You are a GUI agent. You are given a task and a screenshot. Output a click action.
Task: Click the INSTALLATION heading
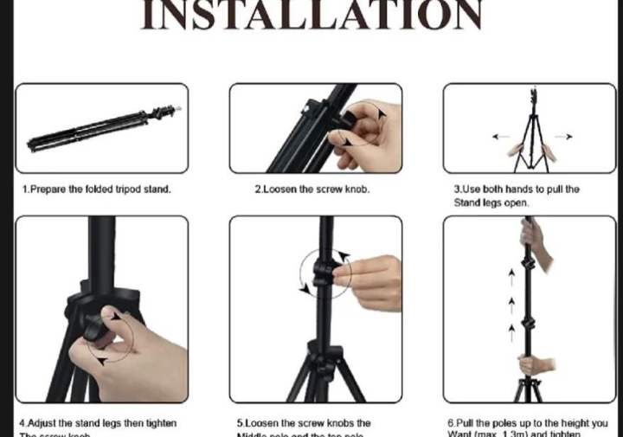click(311, 16)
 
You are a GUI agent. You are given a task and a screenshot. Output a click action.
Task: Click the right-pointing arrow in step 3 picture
click(563, 137)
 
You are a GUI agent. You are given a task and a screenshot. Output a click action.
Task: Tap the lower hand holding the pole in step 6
click(536, 364)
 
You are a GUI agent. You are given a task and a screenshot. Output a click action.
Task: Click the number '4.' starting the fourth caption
click(22, 423)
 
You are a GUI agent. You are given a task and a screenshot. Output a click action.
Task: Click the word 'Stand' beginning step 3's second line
click(466, 202)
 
